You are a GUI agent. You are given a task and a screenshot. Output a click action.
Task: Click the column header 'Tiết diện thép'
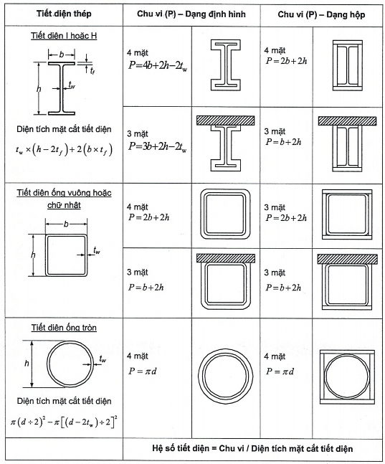pyautogui.click(x=64, y=14)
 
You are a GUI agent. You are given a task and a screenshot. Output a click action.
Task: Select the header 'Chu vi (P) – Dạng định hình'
pyautogui.click(x=191, y=14)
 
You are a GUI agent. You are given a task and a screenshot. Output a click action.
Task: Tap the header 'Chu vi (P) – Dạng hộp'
pyautogui.click(x=321, y=14)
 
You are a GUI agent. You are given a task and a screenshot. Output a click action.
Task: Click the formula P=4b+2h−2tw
pyautogui.click(x=158, y=65)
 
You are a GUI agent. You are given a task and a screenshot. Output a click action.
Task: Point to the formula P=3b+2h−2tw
pyautogui.click(x=158, y=146)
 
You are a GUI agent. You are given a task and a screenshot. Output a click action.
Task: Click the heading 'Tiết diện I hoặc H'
pyautogui.click(x=64, y=36)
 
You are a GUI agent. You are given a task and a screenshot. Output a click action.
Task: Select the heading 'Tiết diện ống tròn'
pyautogui.click(x=64, y=328)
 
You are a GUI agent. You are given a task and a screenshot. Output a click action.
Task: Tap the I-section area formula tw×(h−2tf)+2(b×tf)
pyautogui.click(x=64, y=150)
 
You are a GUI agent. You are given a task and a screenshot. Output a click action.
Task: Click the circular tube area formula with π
pyautogui.click(x=64, y=422)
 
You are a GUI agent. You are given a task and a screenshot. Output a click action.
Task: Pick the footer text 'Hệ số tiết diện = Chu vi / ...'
pyautogui.click(x=252, y=448)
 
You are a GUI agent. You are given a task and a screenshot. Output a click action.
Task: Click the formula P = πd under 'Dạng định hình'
pyautogui.click(x=143, y=371)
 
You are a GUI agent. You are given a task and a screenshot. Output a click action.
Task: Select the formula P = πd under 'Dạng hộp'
pyautogui.click(x=280, y=371)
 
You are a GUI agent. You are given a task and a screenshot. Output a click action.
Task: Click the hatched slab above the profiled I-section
pyautogui.click(x=226, y=120)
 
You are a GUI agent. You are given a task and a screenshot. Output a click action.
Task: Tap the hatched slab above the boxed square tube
pyautogui.click(x=348, y=259)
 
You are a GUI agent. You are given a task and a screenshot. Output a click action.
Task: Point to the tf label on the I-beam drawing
pyautogui.click(x=92, y=70)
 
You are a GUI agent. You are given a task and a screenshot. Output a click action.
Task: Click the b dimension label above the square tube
pyautogui.click(x=66, y=224)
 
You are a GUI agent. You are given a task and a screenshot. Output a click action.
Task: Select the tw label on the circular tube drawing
pyautogui.click(x=103, y=359)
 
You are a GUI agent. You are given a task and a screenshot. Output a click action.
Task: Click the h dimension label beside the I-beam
pyautogui.click(x=39, y=89)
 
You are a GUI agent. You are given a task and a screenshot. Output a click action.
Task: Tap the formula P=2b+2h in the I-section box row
pyautogui.click(x=286, y=61)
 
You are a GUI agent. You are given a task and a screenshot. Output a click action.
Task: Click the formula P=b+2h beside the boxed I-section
pyautogui.click(x=283, y=142)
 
